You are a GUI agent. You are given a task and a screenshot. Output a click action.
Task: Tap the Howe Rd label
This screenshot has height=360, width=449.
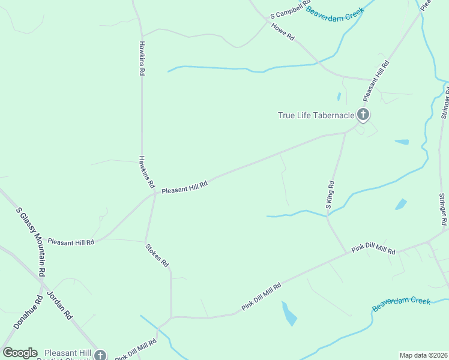coord(282,31)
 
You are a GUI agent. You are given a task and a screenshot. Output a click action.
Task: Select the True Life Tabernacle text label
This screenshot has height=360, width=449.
coord(316,115)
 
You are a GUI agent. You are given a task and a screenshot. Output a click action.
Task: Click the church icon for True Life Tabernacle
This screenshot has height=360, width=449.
coord(363,114)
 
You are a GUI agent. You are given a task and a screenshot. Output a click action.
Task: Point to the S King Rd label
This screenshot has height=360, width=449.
coord(331,194)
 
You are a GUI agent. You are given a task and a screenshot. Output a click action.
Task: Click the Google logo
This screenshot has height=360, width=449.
coord(20,353)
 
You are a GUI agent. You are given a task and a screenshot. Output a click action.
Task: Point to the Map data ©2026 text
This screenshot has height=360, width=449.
coord(423,355)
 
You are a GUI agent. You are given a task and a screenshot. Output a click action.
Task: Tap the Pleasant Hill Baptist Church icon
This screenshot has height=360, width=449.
coord(101,355)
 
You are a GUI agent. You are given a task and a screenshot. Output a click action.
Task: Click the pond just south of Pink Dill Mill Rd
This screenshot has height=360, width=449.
coord(289,313)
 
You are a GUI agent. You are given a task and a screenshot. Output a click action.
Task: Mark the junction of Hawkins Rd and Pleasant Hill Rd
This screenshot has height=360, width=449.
coord(155,193)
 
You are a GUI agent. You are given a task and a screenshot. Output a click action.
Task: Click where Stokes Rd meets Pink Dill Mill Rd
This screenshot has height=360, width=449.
coord(172,317)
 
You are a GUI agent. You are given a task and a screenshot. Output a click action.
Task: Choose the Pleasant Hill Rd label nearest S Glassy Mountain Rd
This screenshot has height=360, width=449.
coord(71,243)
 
